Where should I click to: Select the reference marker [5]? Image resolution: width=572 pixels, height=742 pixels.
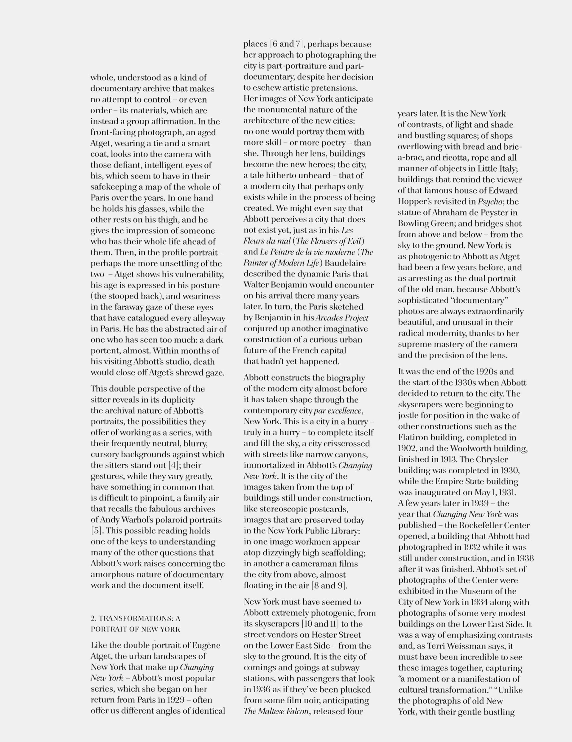[96, 531]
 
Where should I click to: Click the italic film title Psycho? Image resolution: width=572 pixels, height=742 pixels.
[490, 201]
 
